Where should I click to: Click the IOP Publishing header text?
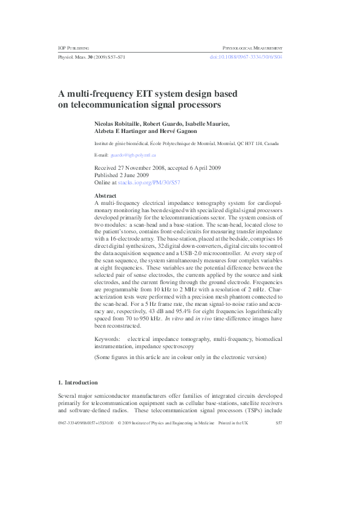pyautogui.click(x=73, y=47)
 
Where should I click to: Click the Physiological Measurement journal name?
pyautogui.click(x=253, y=47)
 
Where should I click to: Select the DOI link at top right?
pyautogui.click(x=246, y=56)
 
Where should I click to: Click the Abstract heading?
pyautogui.click(x=106, y=196)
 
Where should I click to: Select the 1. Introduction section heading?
pyautogui.click(x=77, y=383)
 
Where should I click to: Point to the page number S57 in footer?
pyautogui.click(x=279, y=423)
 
